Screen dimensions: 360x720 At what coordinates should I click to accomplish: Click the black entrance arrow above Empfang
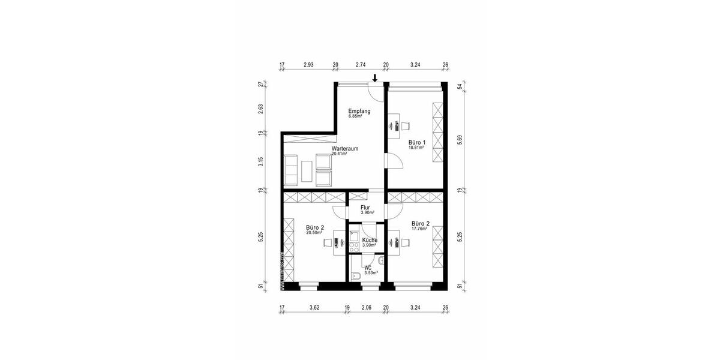[x=375, y=77]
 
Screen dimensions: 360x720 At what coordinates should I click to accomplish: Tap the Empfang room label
[x=359, y=112]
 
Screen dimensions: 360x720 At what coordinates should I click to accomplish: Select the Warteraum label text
[x=345, y=149]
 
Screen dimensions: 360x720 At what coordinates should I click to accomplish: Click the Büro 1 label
[x=417, y=142]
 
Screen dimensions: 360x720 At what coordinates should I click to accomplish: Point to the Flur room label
[x=365, y=208]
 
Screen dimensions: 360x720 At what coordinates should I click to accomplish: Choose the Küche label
[x=369, y=240]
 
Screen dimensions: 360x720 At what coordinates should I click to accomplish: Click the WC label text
[x=368, y=268]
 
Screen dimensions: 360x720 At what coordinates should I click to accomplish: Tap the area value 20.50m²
[x=314, y=233]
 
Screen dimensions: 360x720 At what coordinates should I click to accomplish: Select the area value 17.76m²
[x=419, y=229]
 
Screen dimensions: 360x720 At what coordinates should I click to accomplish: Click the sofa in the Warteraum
[x=290, y=169]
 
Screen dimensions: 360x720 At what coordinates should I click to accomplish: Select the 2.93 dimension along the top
[x=308, y=64]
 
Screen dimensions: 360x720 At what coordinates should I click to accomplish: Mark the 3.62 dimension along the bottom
[x=314, y=309]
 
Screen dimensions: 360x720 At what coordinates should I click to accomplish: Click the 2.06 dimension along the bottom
[x=367, y=309]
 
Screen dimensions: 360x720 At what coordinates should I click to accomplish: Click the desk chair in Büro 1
[x=406, y=125]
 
